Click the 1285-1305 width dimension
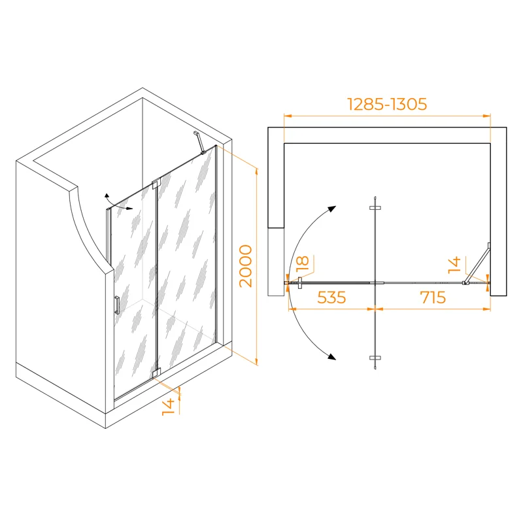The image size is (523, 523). click(x=387, y=105)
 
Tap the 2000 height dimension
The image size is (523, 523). click(x=246, y=266)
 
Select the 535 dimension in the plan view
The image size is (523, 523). click(x=331, y=297)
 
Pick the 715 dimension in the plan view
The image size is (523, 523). click(x=433, y=297)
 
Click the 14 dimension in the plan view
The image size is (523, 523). click(x=454, y=265)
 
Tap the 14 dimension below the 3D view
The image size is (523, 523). click(x=169, y=407)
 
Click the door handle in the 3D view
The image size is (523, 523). click(x=117, y=305)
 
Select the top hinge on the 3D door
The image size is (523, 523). click(x=156, y=184)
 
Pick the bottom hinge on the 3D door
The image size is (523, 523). click(x=156, y=373)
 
